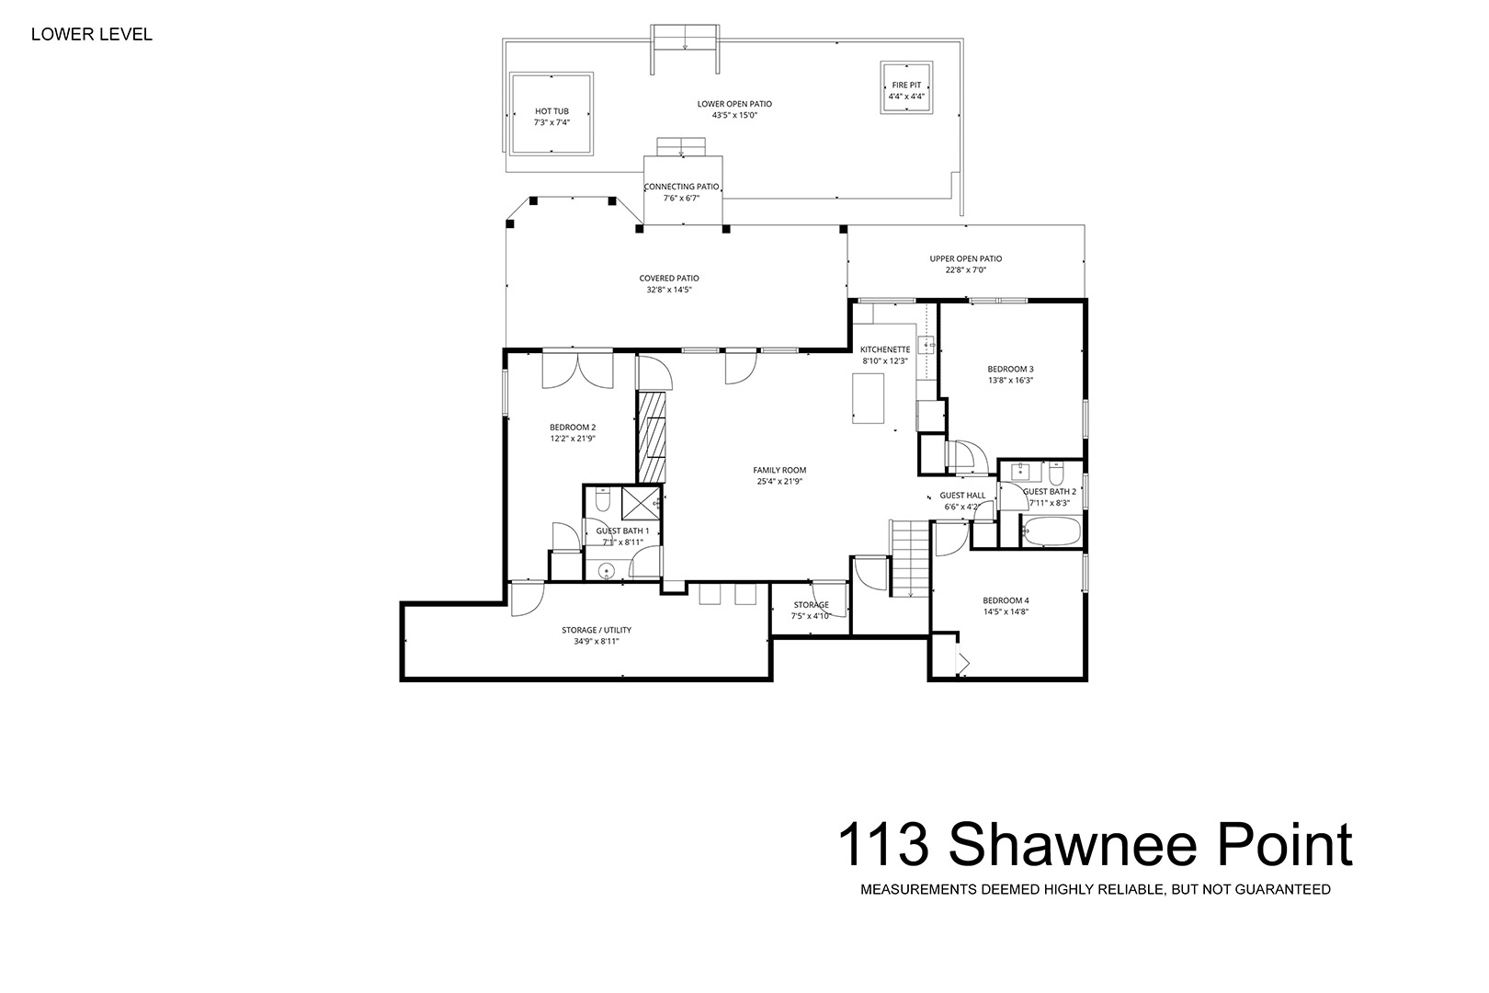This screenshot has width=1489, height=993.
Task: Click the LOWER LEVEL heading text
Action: click(92, 35)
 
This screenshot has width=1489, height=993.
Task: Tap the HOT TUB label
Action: click(551, 111)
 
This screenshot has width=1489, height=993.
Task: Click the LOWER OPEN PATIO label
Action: click(734, 104)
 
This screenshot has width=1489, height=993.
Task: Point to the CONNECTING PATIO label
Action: click(682, 187)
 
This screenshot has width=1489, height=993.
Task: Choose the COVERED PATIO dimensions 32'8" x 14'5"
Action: click(669, 290)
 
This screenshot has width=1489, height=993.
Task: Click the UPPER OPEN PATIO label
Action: click(966, 258)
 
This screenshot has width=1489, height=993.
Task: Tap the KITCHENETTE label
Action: click(885, 349)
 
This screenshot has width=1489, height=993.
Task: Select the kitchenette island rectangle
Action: click(869, 398)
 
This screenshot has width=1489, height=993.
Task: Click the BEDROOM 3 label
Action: click(1010, 369)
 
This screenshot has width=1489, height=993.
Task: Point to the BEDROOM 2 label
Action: click(573, 427)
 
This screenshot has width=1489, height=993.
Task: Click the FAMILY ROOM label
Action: click(779, 470)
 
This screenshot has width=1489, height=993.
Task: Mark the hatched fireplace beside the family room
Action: click(652, 437)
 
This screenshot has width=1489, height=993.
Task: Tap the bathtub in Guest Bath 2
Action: click(1051, 531)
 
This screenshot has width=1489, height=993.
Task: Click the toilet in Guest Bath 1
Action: click(603, 499)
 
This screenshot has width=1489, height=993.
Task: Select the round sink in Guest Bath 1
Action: click(607, 571)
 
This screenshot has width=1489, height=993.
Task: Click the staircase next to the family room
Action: click(909, 559)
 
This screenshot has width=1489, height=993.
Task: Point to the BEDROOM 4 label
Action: click(1006, 600)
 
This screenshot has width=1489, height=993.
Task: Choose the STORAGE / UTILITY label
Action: click(597, 630)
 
